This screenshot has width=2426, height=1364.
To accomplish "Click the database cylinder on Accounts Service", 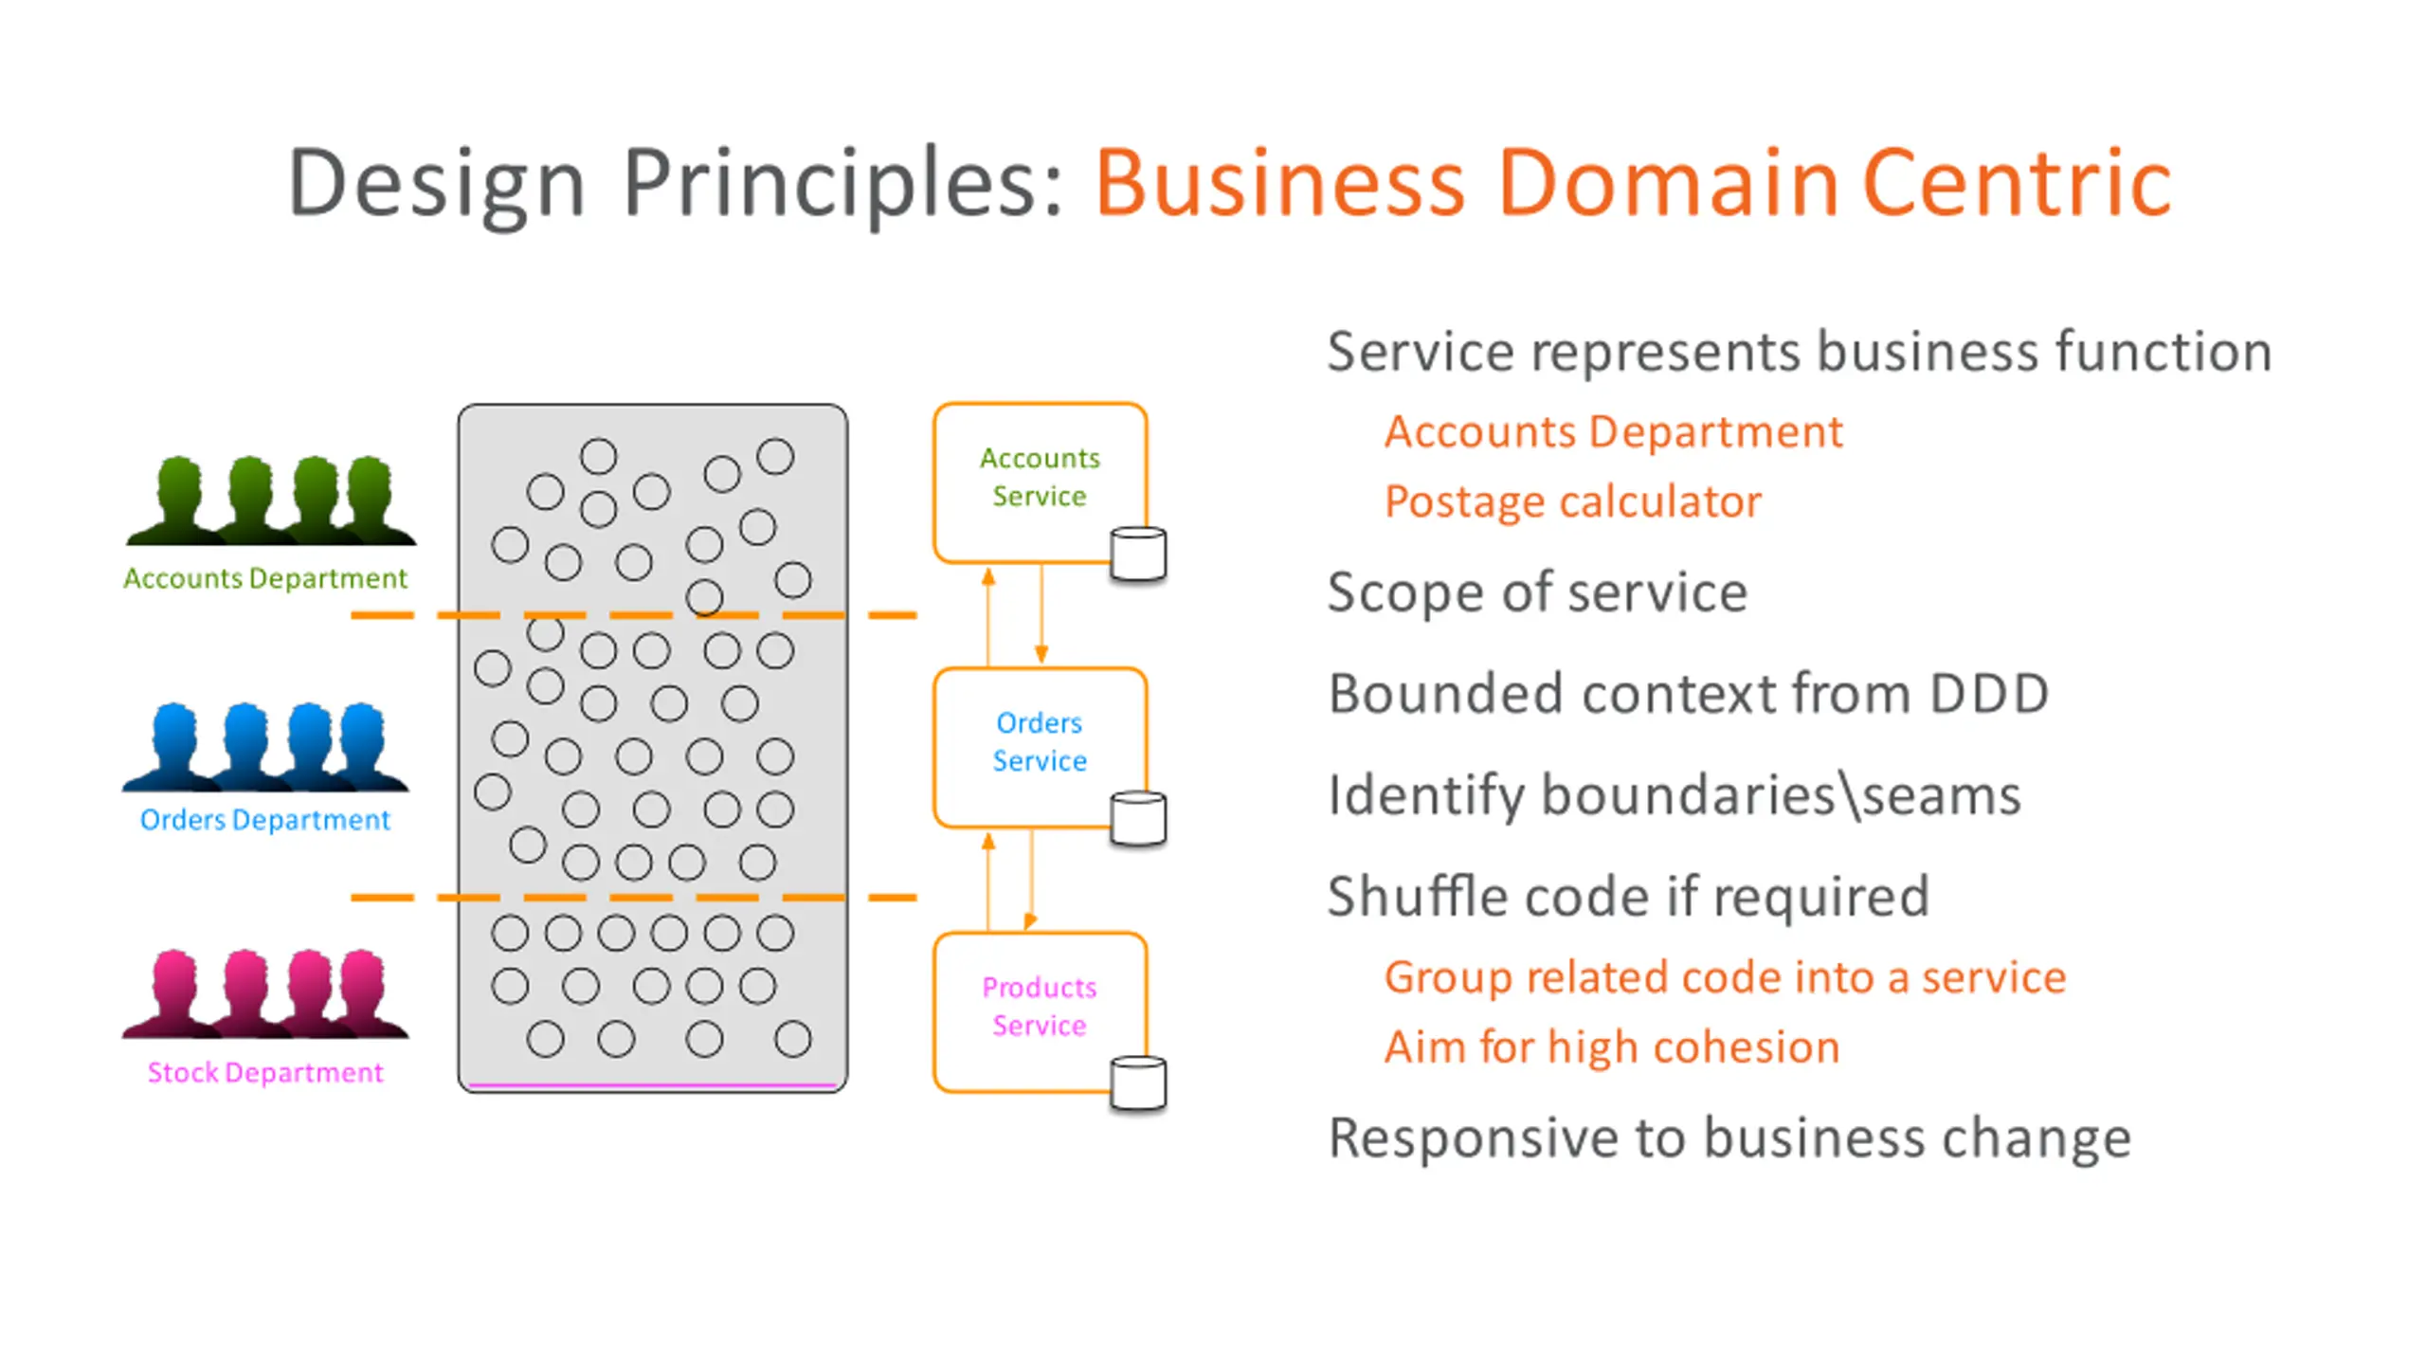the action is point(1138,554).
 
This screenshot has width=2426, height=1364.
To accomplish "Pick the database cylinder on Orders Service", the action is point(1138,818).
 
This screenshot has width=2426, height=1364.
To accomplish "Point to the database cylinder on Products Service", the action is point(1138,1082).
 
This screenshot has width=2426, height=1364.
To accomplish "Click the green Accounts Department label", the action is point(265,578).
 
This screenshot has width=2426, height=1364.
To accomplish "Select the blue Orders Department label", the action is point(265,820).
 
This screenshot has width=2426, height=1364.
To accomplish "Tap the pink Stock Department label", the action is point(265,1072).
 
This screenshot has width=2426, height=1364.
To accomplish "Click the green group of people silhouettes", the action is point(271,500).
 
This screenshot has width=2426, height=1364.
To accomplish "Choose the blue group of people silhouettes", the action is point(266,747).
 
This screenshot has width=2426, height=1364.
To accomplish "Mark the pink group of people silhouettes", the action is point(266,993).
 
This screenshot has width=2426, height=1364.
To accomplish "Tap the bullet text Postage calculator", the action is point(1573,501).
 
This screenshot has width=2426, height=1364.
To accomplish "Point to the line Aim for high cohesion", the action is point(1612,1047).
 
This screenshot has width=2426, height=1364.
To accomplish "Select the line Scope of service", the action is point(1538,592).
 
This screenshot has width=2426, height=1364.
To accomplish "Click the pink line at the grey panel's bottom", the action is point(653,1084).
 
